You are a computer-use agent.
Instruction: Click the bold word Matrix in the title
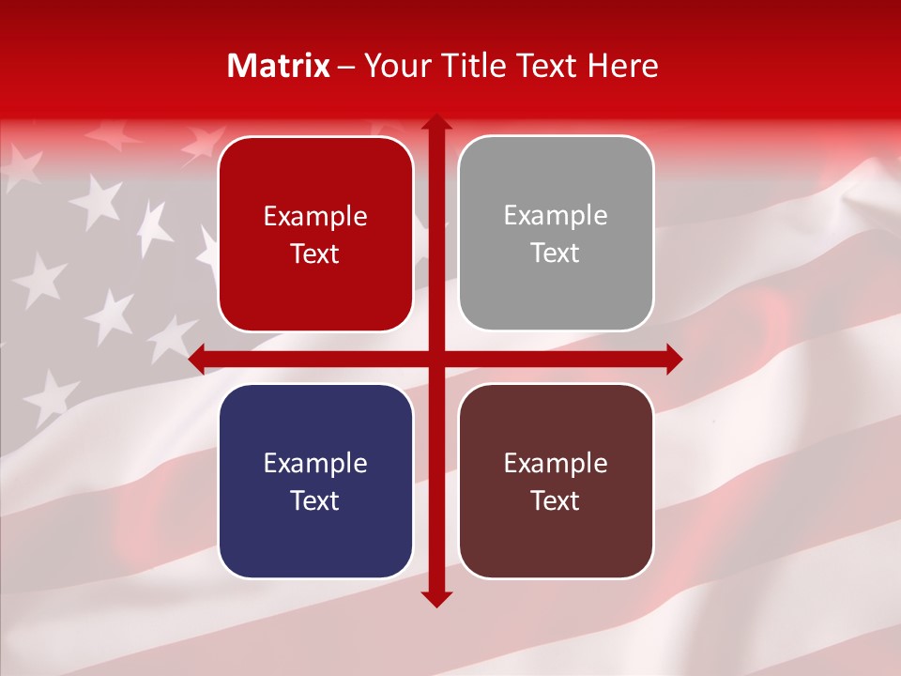[279, 66]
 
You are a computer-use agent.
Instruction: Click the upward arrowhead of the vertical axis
[435, 123]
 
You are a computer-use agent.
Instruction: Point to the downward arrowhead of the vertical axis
[435, 599]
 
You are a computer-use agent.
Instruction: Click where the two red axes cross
[435, 360]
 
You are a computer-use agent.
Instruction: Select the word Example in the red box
[315, 217]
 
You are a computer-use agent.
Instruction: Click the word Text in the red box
[315, 253]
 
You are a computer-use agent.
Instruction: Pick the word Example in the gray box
[556, 216]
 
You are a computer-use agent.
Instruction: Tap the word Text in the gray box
[556, 253]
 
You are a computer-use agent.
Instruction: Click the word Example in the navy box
[315, 464]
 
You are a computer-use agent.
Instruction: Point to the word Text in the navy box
[315, 500]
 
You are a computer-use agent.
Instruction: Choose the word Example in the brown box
[556, 464]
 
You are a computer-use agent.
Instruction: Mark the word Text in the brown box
[556, 500]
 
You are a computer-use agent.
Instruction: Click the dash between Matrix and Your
[346, 66]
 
